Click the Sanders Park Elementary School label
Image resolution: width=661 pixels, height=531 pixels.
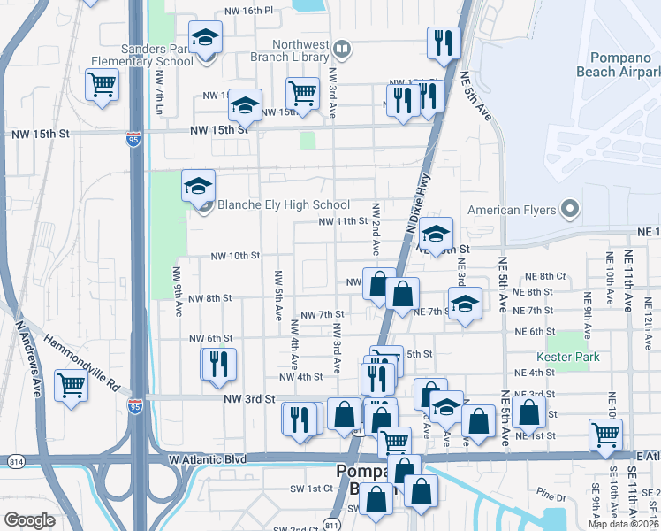pyautogui.click(x=141, y=56)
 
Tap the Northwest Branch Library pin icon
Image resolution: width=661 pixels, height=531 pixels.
pyautogui.click(x=342, y=47)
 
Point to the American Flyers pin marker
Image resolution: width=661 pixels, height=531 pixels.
pyautogui.click(x=571, y=210)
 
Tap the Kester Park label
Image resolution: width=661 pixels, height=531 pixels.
pyautogui.click(x=568, y=357)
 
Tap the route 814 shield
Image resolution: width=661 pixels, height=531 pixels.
pyautogui.click(x=18, y=460)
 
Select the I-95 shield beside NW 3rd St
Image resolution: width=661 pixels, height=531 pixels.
pyautogui.click(x=134, y=406)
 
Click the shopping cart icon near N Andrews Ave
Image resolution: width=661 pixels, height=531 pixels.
pyautogui.click(x=71, y=385)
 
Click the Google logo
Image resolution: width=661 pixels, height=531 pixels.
pyautogui.click(x=29, y=520)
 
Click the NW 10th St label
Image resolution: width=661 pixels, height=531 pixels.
pyautogui.click(x=235, y=256)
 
